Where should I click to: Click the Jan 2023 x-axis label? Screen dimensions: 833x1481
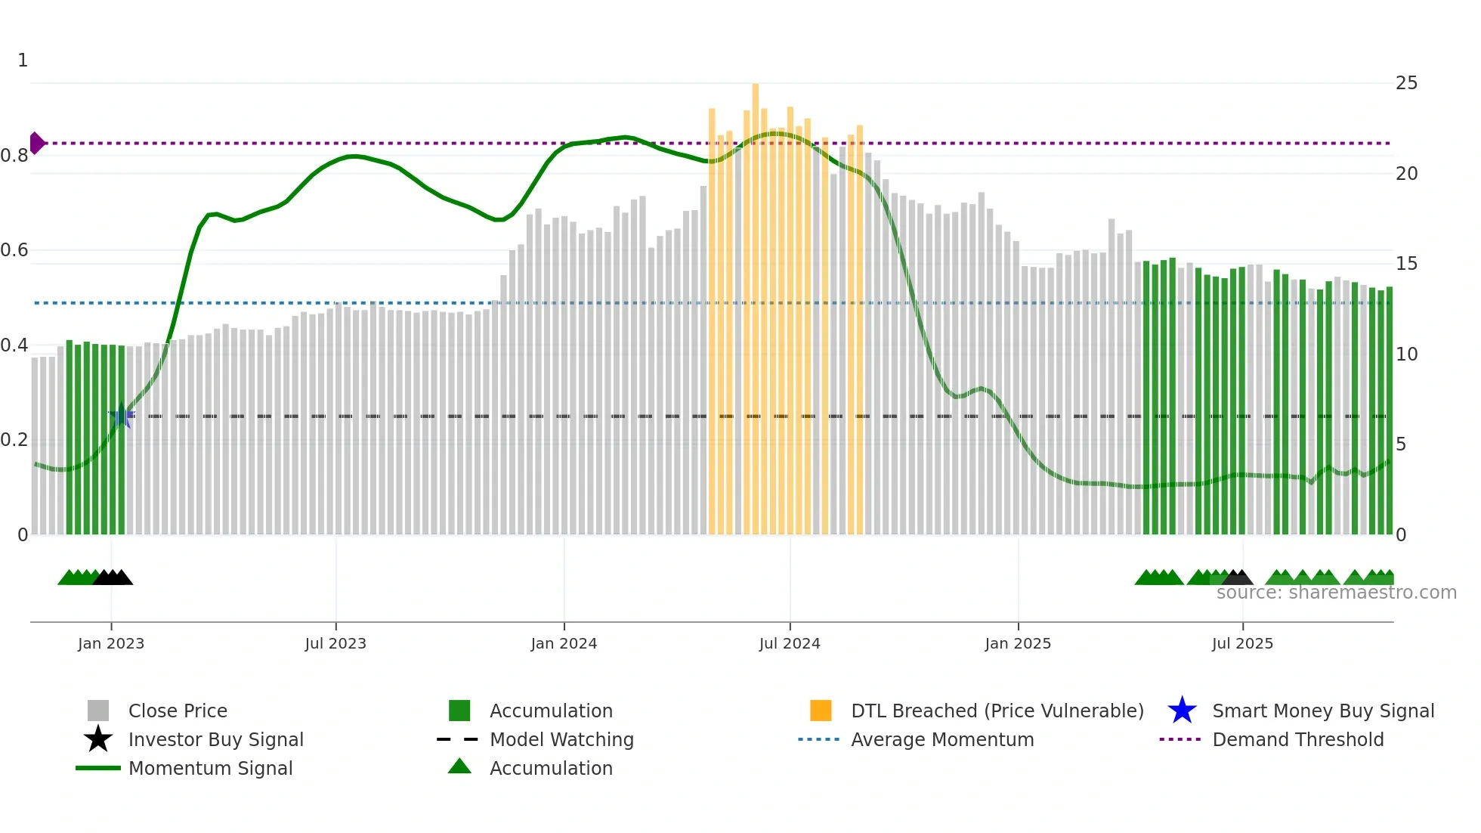click(x=111, y=643)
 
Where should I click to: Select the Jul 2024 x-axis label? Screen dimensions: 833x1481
click(x=790, y=643)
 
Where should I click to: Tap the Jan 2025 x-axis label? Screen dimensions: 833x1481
click(x=1018, y=643)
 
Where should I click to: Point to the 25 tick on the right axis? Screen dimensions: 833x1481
click(x=1406, y=83)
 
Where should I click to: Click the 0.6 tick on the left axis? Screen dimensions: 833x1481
click(x=14, y=250)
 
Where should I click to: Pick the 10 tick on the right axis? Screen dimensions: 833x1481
click(x=1406, y=354)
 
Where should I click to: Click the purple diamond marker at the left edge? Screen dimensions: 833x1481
click(x=36, y=143)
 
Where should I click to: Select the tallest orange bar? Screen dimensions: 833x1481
click(x=755, y=302)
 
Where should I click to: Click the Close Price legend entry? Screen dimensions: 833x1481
click(x=178, y=711)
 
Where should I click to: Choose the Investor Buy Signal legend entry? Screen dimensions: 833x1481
click(x=215, y=739)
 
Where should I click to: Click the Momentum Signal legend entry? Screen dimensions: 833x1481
click(x=210, y=768)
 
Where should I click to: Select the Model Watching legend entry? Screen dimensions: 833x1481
click(x=561, y=739)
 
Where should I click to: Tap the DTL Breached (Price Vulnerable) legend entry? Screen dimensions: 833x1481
click(x=997, y=711)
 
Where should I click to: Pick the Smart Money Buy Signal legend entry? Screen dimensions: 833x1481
click(x=1322, y=711)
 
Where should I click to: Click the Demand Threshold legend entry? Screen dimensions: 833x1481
click(x=1297, y=739)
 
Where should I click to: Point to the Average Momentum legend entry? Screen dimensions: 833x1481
click(x=941, y=739)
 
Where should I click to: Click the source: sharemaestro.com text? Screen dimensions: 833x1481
click(x=1336, y=593)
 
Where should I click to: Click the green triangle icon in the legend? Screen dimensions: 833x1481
click(x=459, y=766)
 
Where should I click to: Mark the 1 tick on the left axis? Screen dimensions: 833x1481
click(x=23, y=60)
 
